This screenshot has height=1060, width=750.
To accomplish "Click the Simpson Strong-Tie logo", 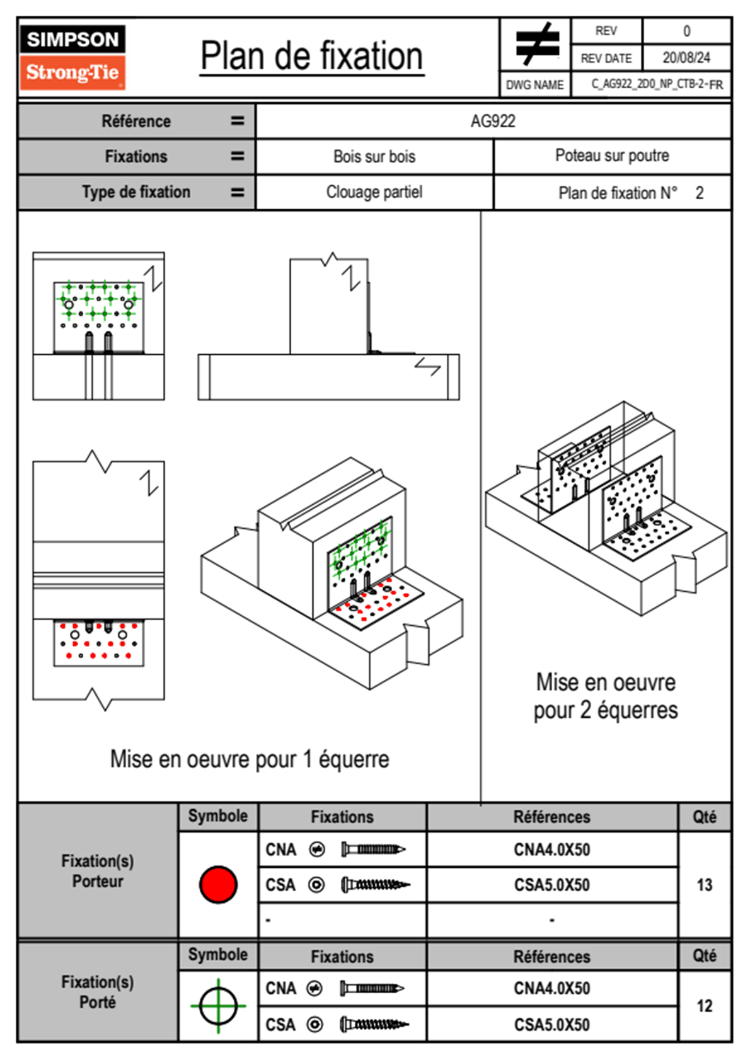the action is coord(72,57).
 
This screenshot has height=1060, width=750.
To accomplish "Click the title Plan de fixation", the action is coord(311,56).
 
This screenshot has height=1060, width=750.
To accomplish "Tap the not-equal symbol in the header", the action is coord(537,43).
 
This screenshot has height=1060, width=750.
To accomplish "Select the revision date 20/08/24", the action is coord(686,58).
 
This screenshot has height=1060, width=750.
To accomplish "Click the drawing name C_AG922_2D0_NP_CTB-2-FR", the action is coord(657,84).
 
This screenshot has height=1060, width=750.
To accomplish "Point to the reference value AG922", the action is coord(493,121).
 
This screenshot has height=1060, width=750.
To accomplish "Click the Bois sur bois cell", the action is coord(374,156).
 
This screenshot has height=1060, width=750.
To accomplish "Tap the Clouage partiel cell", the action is coord(374,192).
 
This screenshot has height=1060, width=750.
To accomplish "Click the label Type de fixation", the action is coord(136,192).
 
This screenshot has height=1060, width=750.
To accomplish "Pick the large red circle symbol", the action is coord(218,884).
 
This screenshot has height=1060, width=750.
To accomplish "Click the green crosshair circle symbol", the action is coord(218,1006).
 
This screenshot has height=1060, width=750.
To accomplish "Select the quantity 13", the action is coord(704,885).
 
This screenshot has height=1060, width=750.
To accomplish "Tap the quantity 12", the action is coord(704,1006).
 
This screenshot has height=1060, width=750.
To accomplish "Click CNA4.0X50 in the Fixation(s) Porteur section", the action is coord(551,850).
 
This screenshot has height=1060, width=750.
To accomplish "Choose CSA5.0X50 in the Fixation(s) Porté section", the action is coord(551,1025).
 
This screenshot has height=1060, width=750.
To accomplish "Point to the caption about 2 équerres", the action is coord(606,696).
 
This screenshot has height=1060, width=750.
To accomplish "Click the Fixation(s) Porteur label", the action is coord(98,871).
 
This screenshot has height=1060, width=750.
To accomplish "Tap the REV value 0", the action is coord(686,32).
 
